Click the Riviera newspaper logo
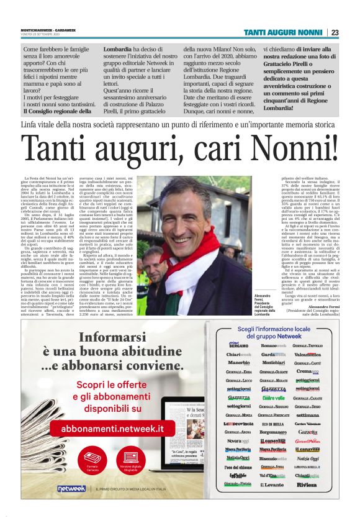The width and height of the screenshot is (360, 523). coord(307,502)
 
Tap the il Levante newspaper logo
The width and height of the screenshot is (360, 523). coord(272,502)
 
